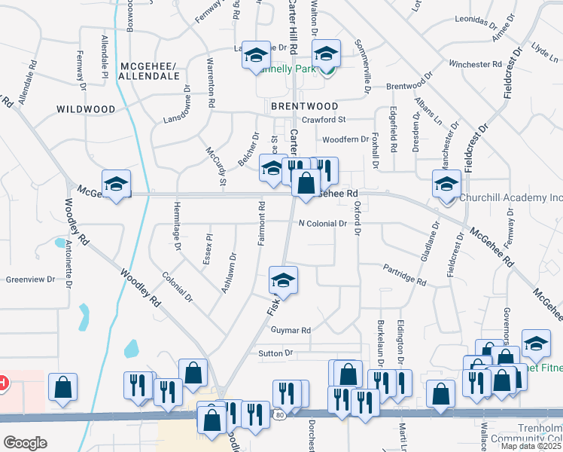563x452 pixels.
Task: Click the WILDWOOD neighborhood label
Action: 86,109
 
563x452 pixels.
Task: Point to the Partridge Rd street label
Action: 404,275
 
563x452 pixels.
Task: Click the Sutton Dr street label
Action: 275,353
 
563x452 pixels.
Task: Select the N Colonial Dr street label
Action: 322,224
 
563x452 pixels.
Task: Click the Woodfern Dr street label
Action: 344,139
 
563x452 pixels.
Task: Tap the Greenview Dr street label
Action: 31,279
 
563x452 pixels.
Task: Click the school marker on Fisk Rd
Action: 284,281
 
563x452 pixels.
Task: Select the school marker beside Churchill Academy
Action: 446,184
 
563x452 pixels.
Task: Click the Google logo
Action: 26,443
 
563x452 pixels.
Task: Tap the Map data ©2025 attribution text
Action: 531,446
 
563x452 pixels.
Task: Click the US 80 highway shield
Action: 279,416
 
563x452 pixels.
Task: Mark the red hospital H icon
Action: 3,383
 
